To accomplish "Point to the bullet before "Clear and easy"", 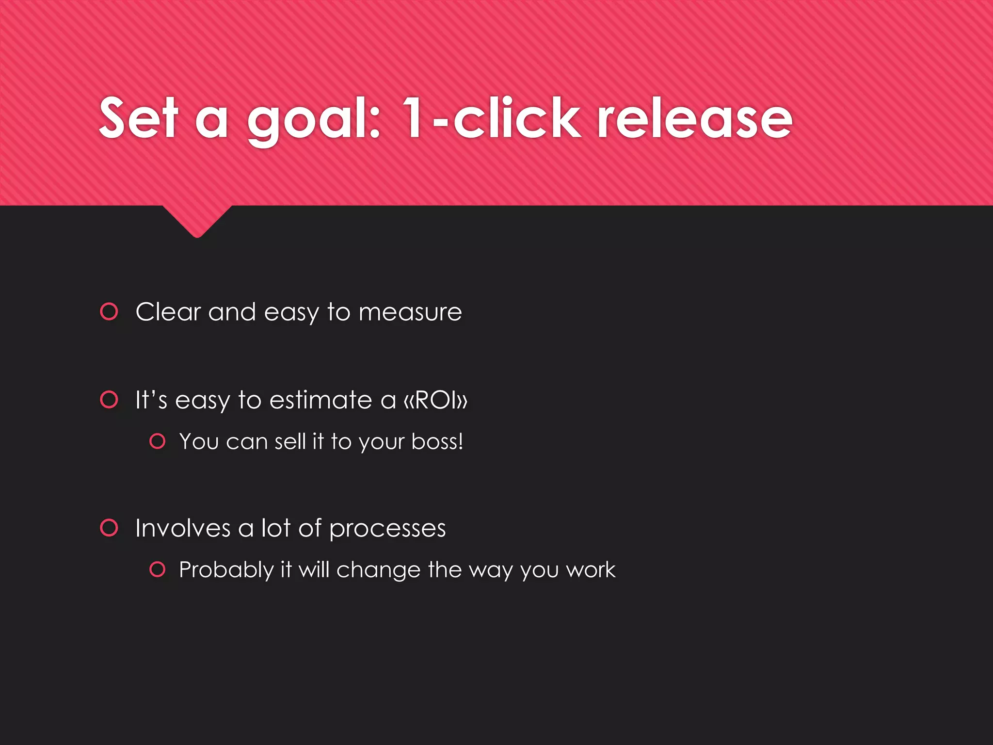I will click(x=109, y=311).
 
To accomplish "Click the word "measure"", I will click(x=410, y=312).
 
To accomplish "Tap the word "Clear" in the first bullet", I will click(x=168, y=311).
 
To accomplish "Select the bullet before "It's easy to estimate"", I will click(x=109, y=400).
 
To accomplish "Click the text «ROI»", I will click(x=435, y=400).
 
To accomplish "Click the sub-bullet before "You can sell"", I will click(x=158, y=441).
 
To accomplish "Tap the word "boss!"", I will click(x=437, y=441).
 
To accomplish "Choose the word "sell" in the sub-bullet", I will click(x=290, y=441).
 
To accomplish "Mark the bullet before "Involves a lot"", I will click(x=109, y=528).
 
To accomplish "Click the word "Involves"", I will click(x=183, y=528).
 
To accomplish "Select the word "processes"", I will click(x=387, y=529).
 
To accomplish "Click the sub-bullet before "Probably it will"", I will click(x=158, y=569).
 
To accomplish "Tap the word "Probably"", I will click(x=226, y=570).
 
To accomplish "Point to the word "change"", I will click(x=378, y=569).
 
